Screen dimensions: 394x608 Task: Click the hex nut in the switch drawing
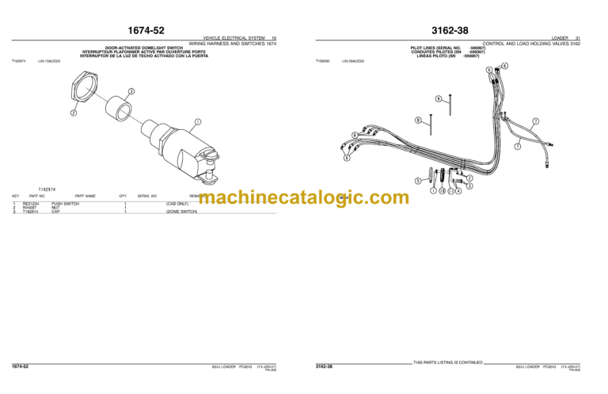82,86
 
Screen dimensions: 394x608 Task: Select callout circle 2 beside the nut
73,113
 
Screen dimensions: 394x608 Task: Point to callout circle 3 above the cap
131,91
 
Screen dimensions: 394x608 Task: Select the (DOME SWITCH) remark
181,212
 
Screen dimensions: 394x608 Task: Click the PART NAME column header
85,196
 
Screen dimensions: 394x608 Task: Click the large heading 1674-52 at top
144,31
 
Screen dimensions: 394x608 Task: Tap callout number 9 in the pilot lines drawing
438,98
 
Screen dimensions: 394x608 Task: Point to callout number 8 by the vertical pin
418,120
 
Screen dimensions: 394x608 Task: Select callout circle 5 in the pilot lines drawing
418,181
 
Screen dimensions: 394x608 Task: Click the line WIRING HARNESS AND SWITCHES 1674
233,44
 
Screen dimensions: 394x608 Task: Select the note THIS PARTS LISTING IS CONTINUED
448,362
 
